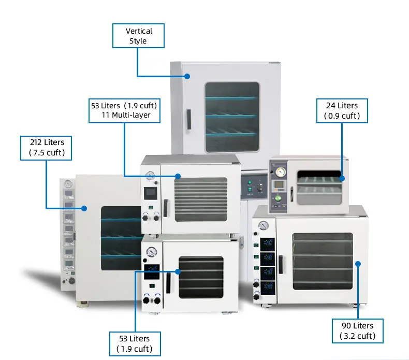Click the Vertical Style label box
[x=138, y=36]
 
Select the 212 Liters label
[x=46, y=148]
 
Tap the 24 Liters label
[x=342, y=110]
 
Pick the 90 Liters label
[x=357, y=330]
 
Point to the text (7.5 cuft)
[x=46, y=153]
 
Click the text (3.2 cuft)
[x=357, y=336]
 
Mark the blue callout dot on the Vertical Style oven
[x=187, y=76]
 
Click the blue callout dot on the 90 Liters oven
[x=357, y=263]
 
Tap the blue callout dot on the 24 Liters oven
[x=341, y=178]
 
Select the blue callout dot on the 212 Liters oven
[x=84, y=208]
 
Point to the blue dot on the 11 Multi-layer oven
[x=178, y=176]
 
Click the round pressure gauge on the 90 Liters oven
[x=264, y=226]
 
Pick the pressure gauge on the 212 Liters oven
[x=67, y=184]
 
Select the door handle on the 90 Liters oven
[x=281, y=264]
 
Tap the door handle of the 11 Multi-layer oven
[x=166, y=208]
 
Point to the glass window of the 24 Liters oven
[x=317, y=185]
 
